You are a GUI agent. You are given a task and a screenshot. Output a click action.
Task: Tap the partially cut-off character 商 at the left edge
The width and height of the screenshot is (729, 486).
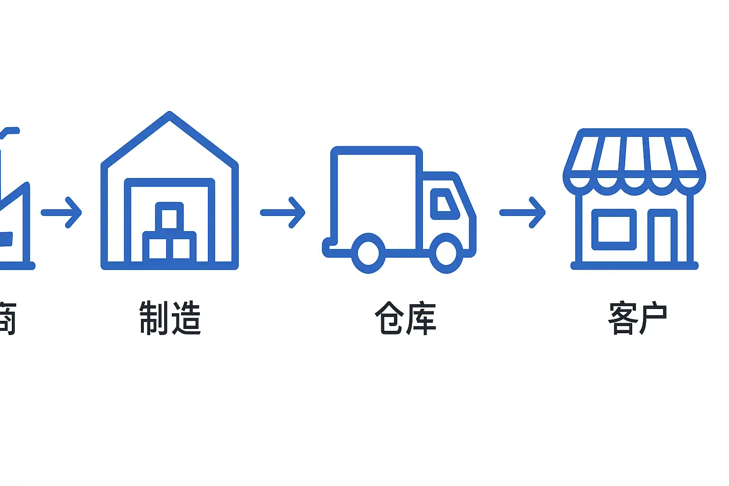coord(7,318)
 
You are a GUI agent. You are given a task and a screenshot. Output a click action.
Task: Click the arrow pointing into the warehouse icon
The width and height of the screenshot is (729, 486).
coord(62,213)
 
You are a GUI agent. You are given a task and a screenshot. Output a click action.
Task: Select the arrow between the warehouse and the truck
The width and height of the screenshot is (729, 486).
coord(283,213)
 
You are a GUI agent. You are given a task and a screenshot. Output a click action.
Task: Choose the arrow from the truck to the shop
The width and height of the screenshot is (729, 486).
coord(523,213)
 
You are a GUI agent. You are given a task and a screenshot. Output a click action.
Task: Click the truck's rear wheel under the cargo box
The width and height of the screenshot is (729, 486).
coord(368,253)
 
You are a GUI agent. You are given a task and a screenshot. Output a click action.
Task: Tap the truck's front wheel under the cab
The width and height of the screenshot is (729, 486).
coord(446,253)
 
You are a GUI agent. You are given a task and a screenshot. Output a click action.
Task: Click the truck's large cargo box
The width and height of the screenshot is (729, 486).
coord(376,197)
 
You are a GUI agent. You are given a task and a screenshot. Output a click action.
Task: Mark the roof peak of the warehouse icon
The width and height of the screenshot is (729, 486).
coord(169,115)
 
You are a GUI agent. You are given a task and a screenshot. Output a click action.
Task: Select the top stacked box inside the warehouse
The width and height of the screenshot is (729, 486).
coord(169,218)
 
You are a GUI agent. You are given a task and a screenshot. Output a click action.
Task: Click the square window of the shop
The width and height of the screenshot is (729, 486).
coord(614,229)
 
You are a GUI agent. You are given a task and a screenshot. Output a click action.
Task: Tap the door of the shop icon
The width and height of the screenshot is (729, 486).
coord(663,237)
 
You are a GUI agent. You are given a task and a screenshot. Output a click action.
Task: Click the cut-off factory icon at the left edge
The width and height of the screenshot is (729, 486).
coord(12,214)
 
